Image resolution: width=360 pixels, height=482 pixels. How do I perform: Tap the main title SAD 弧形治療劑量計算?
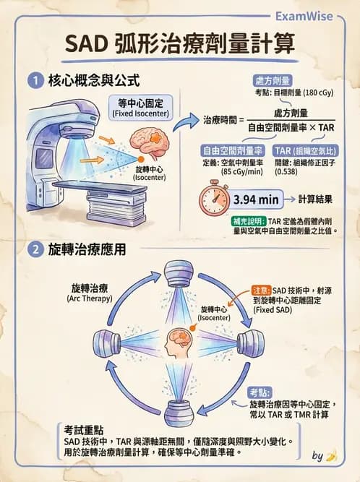[180, 44]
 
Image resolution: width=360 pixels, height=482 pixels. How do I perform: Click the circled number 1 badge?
[32, 80]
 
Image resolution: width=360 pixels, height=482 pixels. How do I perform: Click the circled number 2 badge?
[32, 250]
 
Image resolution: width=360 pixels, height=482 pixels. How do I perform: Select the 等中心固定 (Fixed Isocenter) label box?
[140, 107]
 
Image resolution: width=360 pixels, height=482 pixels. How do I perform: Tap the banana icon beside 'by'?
[332, 456]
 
